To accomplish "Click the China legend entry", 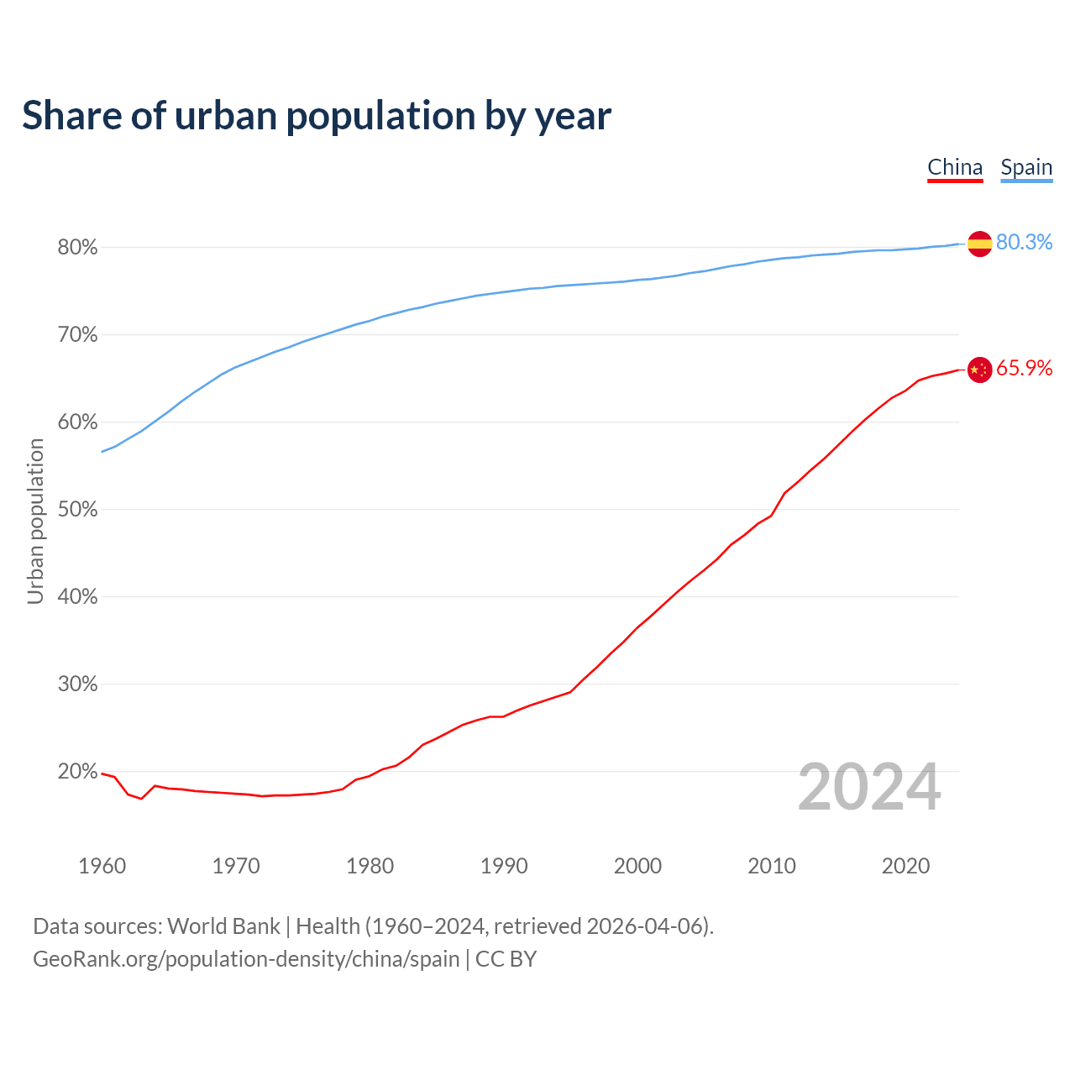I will point(955,167).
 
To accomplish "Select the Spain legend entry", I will point(1026,167).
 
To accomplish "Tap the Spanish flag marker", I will point(979,244).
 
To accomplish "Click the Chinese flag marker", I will point(979,370).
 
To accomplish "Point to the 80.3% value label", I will point(1024,242).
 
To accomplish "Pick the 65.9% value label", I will point(1024,369).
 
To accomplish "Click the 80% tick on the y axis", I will point(77,248).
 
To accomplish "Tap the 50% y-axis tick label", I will point(77,510).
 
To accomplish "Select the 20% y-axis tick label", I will point(77,772).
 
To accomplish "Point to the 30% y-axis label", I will point(77,684).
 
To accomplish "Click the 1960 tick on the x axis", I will point(102,866).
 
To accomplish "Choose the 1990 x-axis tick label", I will point(504,866).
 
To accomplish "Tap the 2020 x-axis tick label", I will point(905,866).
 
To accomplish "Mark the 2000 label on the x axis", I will point(637,866).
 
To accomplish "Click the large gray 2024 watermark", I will point(869,787).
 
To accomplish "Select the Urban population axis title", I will point(35,521).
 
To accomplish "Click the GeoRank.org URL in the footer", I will point(246,959).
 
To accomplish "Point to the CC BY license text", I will point(506,959).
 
